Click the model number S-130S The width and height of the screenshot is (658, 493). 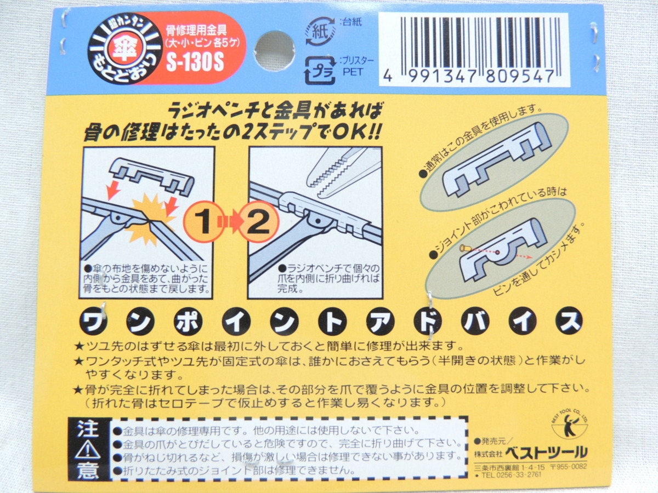coord(195,63)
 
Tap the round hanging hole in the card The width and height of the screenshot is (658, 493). coord(275,51)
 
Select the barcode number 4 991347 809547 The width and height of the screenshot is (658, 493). coord(469,77)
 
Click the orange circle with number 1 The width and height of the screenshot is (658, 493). coord(204,222)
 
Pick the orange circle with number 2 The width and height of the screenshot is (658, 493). coord(258,222)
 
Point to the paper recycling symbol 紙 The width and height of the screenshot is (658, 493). coord(320,32)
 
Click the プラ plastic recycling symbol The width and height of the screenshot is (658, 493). coord(320,71)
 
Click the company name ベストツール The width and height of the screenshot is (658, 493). coord(546,452)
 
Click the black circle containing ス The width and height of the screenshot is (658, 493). coord(569,321)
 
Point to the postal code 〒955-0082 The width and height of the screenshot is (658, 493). coord(569,467)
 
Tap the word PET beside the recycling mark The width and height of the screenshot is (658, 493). coord(353,72)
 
